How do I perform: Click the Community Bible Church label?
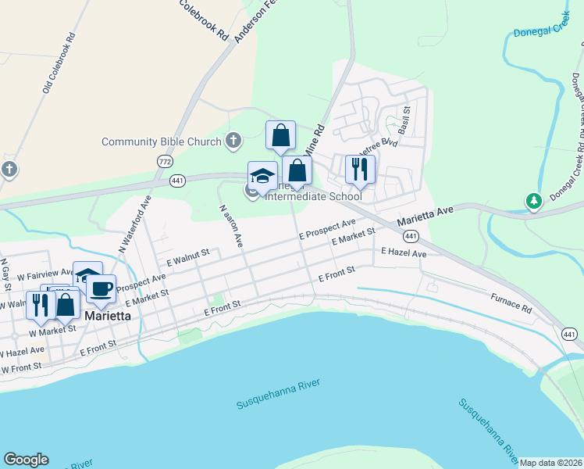coord(161,141)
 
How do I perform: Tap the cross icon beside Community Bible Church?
coord(233,141)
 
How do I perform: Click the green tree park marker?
coord(534,202)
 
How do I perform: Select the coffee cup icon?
coord(101,289)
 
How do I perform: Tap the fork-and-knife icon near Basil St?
coord(360,169)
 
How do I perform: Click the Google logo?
coord(26,460)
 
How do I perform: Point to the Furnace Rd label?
coord(511,305)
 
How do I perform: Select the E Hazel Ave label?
coord(404,253)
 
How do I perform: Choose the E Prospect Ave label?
coord(327,228)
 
